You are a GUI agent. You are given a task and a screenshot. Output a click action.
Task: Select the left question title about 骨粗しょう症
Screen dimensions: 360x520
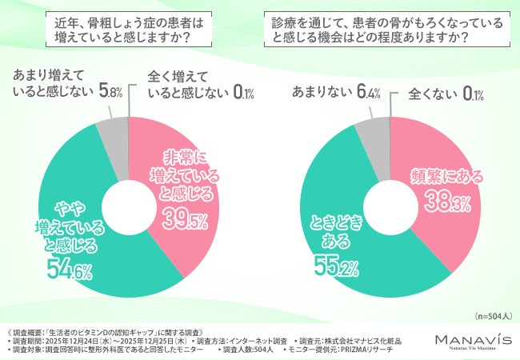pyautogui.click(x=129, y=30)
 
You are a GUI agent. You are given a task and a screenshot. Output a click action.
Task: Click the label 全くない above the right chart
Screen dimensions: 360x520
pyautogui.click(x=432, y=94)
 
